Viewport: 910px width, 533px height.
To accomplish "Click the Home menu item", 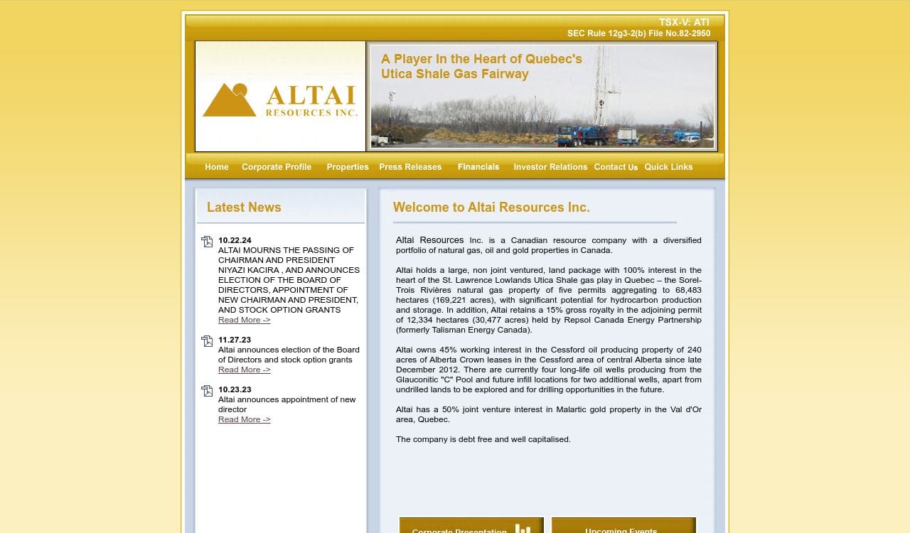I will (x=217, y=167).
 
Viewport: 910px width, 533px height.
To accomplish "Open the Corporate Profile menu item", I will (x=277, y=167).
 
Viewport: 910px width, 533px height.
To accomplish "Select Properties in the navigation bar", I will (x=348, y=167).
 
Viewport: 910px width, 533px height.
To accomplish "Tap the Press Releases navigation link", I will (x=410, y=167).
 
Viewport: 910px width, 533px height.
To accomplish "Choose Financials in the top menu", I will (x=478, y=167).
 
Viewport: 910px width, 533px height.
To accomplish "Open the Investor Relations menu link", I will (x=550, y=167).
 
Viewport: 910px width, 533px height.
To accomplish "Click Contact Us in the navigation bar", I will (x=616, y=167).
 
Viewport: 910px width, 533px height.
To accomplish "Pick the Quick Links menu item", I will (x=668, y=167).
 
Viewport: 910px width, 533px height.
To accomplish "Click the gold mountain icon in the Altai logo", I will (x=229, y=100).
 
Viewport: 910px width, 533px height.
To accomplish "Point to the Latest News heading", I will (x=244, y=208).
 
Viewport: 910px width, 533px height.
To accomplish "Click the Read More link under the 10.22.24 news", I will (x=244, y=320).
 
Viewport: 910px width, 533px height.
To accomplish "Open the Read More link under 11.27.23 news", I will (x=244, y=370).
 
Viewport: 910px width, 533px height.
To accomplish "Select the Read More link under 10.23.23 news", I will (x=244, y=419).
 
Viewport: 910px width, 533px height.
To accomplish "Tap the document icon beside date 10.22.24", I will (x=207, y=242).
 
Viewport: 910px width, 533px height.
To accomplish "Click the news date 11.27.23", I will (x=235, y=340).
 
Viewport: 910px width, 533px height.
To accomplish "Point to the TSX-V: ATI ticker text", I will (x=684, y=23).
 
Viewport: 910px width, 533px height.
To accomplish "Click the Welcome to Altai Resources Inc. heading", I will (x=491, y=208).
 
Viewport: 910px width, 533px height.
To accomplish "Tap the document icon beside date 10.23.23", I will (x=207, y=391).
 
